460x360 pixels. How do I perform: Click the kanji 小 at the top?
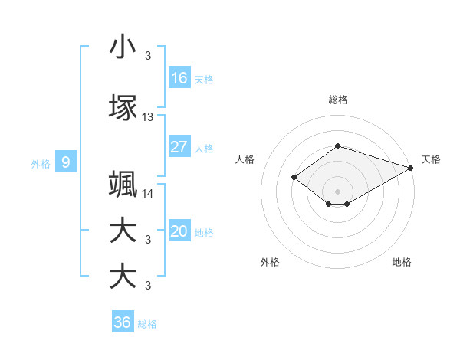123,47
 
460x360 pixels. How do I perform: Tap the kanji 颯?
123,185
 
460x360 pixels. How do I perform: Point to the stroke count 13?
148,117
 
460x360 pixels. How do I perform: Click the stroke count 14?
148,194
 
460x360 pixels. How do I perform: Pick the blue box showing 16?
179,77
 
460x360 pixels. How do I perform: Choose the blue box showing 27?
179,147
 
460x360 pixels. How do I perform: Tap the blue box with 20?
179,232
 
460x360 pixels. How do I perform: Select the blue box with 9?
66,162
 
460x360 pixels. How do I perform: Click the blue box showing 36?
123,322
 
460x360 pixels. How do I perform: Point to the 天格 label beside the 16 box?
204,79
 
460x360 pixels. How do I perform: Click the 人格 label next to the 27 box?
204,149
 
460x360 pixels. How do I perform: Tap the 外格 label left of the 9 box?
41,163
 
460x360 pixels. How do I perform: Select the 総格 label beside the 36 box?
147,324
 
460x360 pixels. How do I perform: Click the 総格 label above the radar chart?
338,100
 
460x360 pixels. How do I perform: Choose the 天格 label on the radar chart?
431,159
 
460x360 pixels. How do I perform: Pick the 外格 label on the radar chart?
270,262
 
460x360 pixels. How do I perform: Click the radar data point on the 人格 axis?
294,177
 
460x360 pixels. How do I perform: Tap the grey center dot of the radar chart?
338,191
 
